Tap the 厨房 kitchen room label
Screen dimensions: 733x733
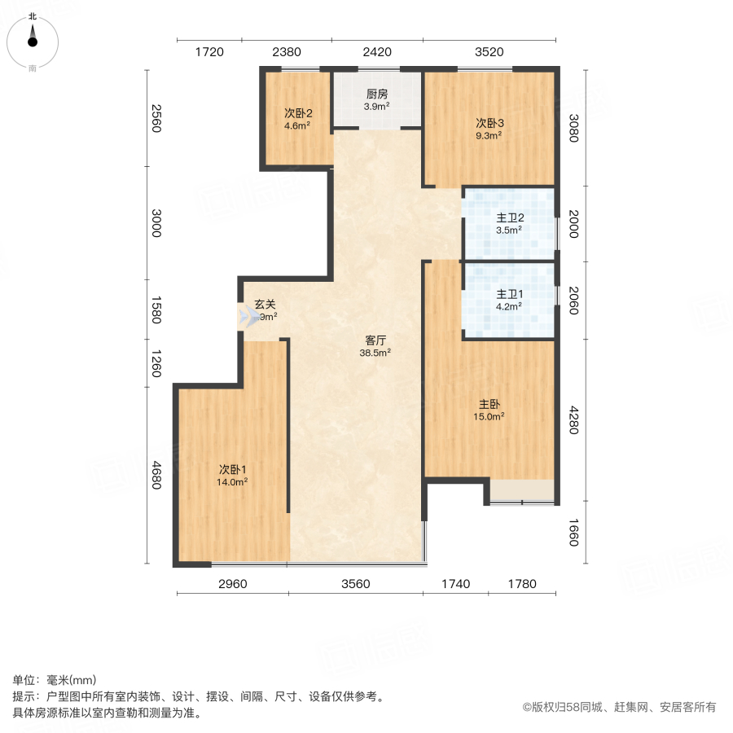tap(376, 94)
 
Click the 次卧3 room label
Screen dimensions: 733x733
tap(490, 123)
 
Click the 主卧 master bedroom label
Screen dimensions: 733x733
tap(490, 404)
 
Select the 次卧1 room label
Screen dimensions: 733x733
tap(232, 469)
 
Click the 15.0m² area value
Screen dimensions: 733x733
tap(490, 416)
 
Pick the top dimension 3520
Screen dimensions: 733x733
tap(489, 52)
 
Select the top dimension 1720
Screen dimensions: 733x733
tap(208, 52)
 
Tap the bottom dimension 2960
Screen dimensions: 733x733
tap(232, 583)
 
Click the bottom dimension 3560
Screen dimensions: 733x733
tap(355, 583)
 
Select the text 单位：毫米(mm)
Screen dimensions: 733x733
tap(55, 681)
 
